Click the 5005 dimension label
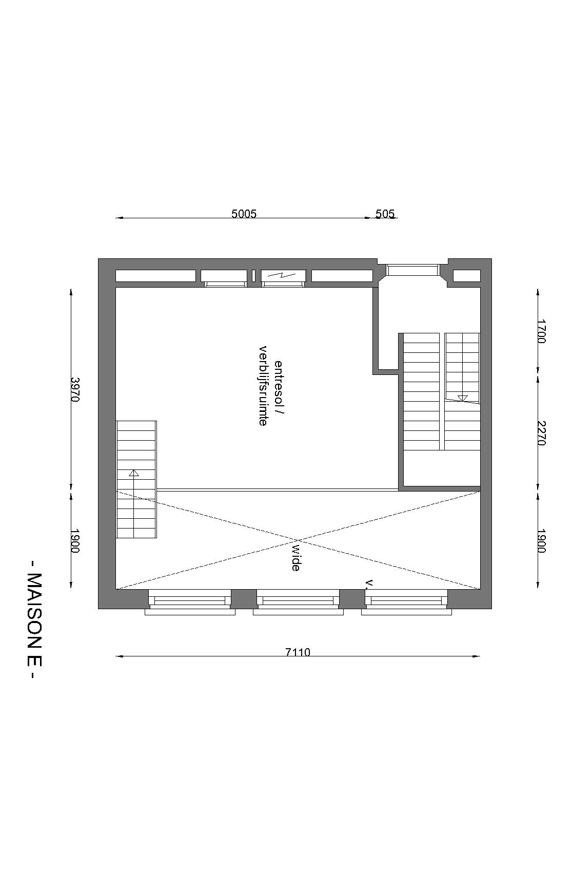point(244,214)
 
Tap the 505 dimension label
point(385,214)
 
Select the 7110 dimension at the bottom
point(298,652)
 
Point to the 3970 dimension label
point(75,390)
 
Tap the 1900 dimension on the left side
point(75,541)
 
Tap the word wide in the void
point(296,558)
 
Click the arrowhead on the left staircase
point(134,473)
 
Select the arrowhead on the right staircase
point(463,398)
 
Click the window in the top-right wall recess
point(413,270)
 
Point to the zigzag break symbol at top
point(284,275)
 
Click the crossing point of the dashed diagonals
point(298,540)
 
